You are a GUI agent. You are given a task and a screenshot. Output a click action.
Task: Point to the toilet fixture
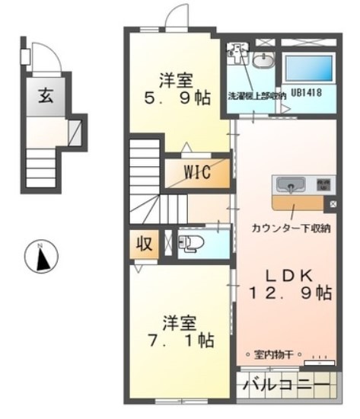tap(188, 244)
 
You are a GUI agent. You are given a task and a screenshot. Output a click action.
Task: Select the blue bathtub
tap(308, 68)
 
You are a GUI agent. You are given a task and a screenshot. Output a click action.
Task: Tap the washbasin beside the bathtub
tap(266, 61)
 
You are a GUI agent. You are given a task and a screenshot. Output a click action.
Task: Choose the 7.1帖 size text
tap(178, 339)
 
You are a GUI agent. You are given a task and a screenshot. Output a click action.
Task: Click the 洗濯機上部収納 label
tap(256, 96)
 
